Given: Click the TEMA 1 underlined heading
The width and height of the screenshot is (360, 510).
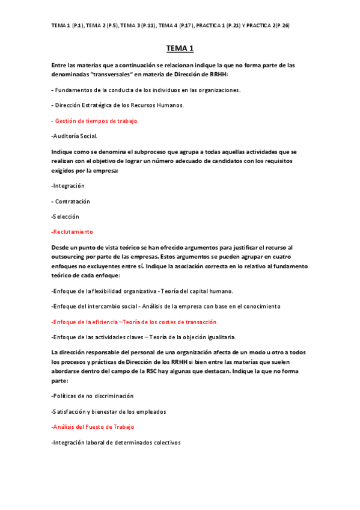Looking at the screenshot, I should tap(180, 49).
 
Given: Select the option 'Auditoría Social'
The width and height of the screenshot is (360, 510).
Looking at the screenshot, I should tap(75, 136).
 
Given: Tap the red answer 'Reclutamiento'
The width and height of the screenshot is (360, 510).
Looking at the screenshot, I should tap(73, 232).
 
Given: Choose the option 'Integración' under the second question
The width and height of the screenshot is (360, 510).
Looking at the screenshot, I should tap(68, 186).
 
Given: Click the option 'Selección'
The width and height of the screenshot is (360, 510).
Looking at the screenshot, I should tap(66, 217).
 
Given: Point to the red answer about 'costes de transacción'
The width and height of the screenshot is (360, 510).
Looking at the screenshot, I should tap(134, 322).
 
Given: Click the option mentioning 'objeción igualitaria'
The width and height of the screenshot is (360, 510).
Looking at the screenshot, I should tap(144, 337).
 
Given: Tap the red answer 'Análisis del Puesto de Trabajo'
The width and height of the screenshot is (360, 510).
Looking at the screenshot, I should tap(93, 426).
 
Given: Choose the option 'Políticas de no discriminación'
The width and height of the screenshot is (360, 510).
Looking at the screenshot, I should tap(93, 396).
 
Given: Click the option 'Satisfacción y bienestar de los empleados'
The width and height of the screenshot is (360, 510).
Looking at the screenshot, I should tap(109, 411).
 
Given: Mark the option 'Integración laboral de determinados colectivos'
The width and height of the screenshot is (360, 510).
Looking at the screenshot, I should tap(116, 442).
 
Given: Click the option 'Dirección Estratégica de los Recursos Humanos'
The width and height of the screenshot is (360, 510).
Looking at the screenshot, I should tap(118, 105).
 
